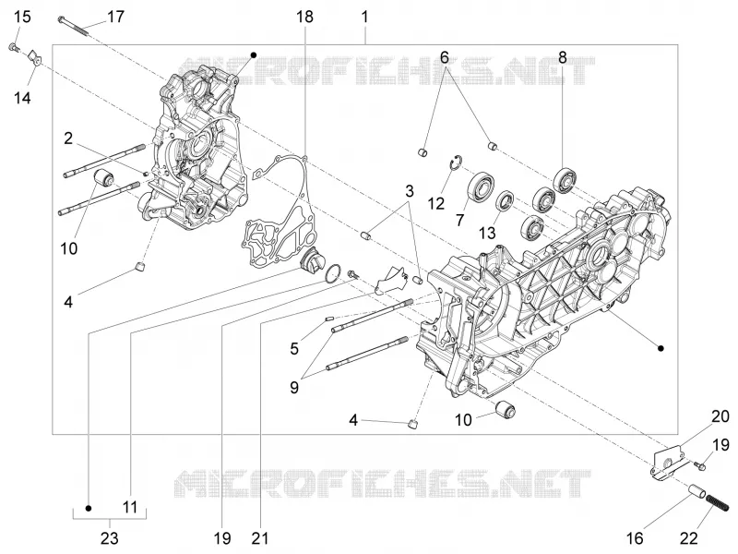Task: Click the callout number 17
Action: click(x=115, y=17)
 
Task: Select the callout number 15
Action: click(x=21, y=17)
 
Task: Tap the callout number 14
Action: click(x=22, y=98)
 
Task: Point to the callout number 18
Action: click(x=304, y=17)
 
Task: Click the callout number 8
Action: click(x=563, y=57)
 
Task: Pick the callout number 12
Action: click(x=435, y=203)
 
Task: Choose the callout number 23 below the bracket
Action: click(x=109, y=537)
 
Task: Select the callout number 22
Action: click(x=688, y=537)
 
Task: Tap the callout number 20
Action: click(x=720, y=416)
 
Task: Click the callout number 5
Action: click(x=294, y=349)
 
